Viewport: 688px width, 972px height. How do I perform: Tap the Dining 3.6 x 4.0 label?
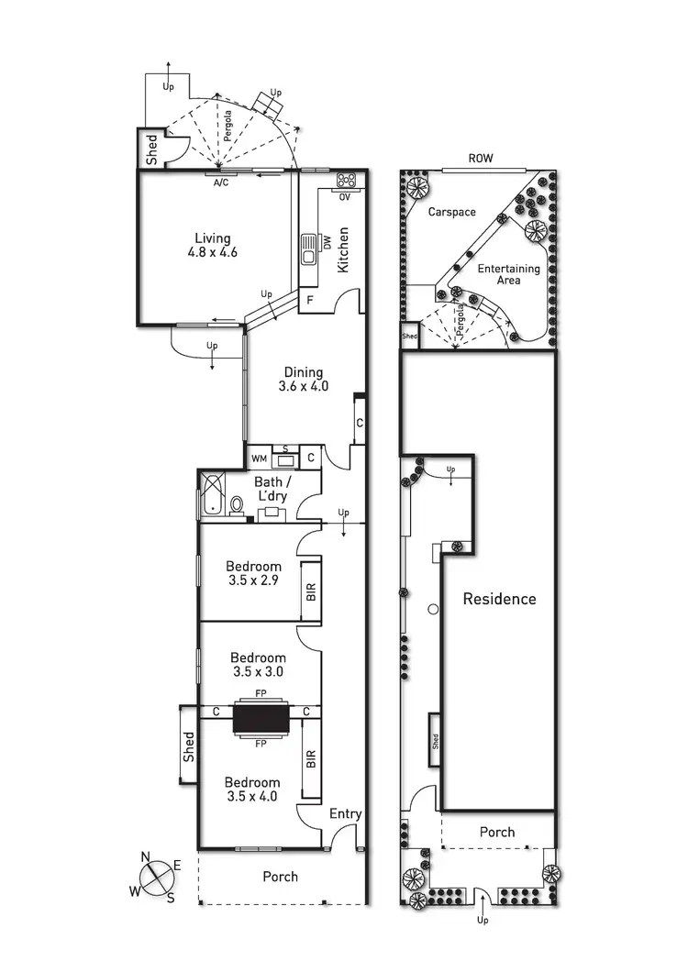click(x=303, y=380)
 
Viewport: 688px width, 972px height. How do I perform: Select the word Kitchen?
click(x=344, y=249)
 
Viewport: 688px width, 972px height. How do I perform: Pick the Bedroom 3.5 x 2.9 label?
click(x=255, y=574)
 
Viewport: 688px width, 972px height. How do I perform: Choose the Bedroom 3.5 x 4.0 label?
click(x=252, y=790)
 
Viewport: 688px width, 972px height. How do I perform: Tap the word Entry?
click(x=345, y=813)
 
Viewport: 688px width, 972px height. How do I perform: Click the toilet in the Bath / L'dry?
click(x=237, y=503)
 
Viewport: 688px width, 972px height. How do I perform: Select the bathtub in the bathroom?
click(x=212, y=494)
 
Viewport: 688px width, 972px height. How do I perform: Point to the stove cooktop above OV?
click(x=347, y=181)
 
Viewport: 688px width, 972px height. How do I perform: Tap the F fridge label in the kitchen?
click(x=310, y=300)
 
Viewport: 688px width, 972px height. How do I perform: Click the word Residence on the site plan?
click(x=499, y=599)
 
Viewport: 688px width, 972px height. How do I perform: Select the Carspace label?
click(x=452, y=212)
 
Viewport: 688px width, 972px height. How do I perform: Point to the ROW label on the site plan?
click(x=481, y=159)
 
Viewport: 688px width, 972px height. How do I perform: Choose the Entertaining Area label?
click(x=508, y=274)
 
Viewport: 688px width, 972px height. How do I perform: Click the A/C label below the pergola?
click(x=221, y=182)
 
